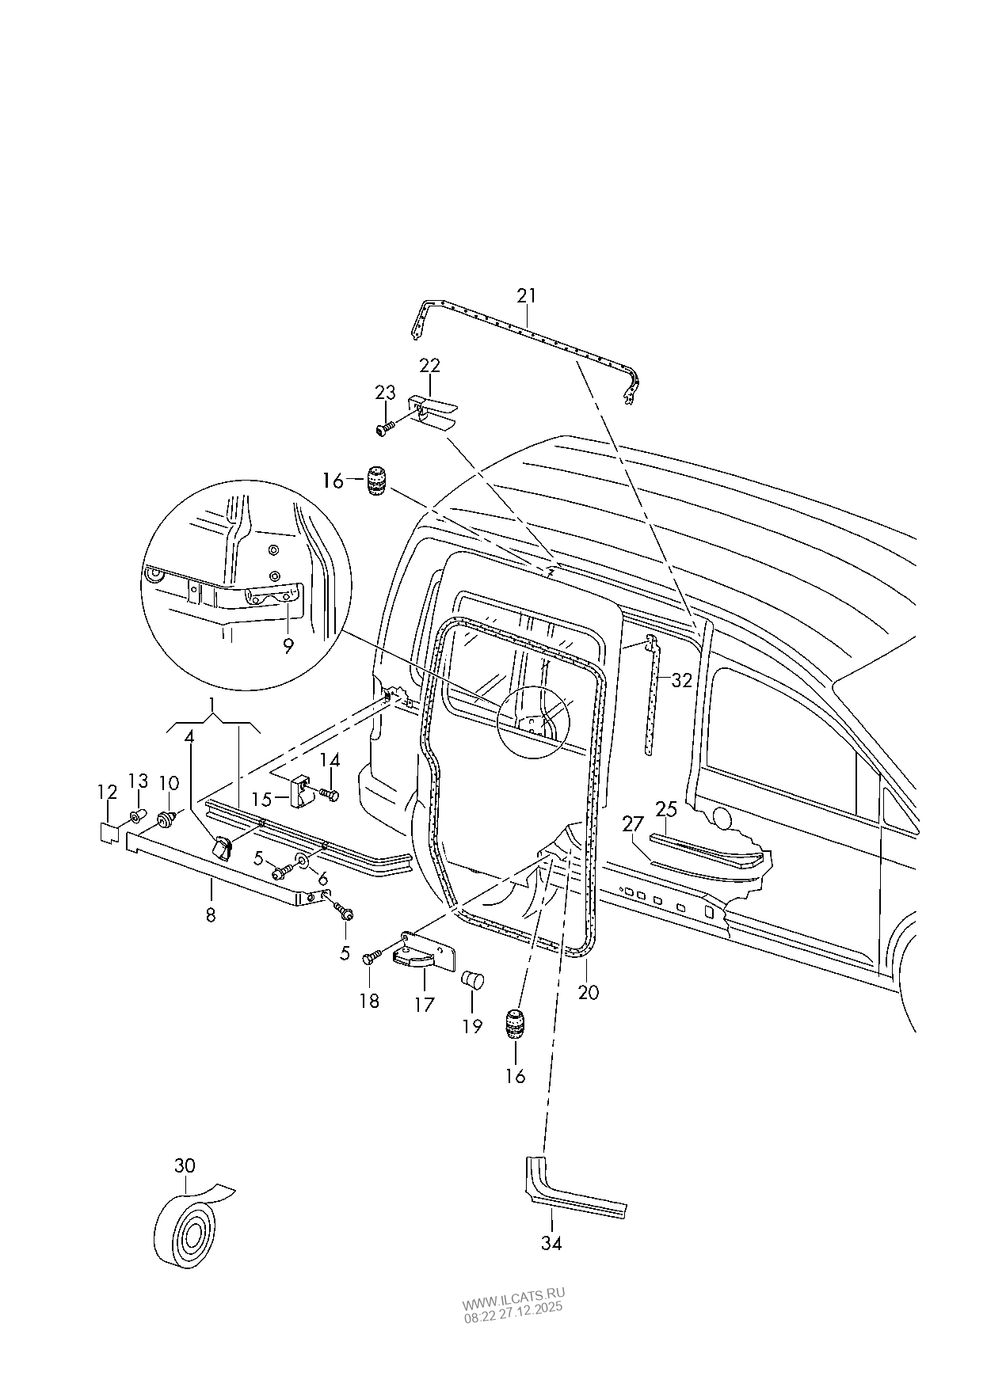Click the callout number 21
[x=527, y=295]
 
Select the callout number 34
[x=551, y=1243]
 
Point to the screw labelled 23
[x=385, y=428]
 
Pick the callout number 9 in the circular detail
[x=288, y=646]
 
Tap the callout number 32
[x=681, y=679]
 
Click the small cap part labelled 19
[x=472, y=980]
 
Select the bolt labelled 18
[x=370, y=959]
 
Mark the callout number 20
[x=589, y=992]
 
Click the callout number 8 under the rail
[x=210, y=914]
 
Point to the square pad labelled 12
[x=109, y=831]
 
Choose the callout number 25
[x=666, y=808]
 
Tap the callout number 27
[x=632, y=825]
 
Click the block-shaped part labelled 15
[x=300, y=793]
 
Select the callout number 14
[x=330, y=761]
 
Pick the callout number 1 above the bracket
[x=212, y=703]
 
